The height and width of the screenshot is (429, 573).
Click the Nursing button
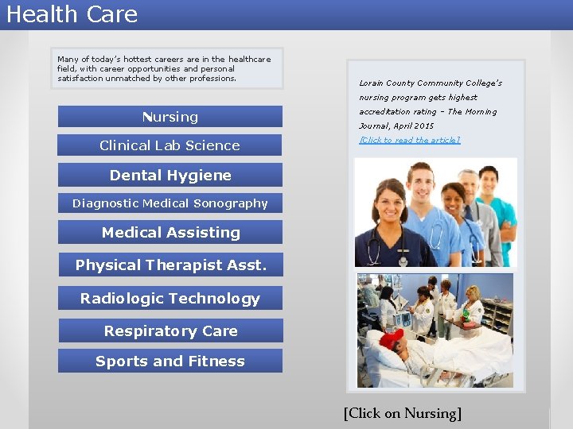pyautogui.click(x=170, y=117)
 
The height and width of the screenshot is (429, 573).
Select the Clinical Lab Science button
pyautogui.click(x=170, y=145)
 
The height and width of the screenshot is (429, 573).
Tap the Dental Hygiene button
pyautogui.click(x=170, y=176)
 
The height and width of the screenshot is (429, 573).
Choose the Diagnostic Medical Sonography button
pyautogui.click(x=170, y=203)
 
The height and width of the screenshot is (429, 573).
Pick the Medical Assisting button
pyautogui.click(x=170, y=233)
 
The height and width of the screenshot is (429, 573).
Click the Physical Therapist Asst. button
pyautogui.click(x=170, y=265)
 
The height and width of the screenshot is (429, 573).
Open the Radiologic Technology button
pyautogui.click(x=170, y=299)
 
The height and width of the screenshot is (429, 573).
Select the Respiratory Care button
pyautogui.click(x=170, y=331)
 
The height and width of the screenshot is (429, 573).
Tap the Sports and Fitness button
pyautogui.click(x=170, y=361)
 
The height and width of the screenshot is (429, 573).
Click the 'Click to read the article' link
pyautogui.click(x=409, y=140)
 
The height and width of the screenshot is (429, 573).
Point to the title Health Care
pyautogui.click(x=72, y=14)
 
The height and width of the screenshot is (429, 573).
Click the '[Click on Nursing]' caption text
pyautogui.click(x=403, y=413)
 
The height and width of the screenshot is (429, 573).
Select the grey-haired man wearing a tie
pyautogui.click(x=469, y=191)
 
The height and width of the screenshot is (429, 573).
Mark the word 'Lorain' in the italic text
pyautogui.click(x=372, y=83)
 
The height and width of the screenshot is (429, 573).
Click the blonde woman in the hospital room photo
pyautogui.click(x=474, y=298)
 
